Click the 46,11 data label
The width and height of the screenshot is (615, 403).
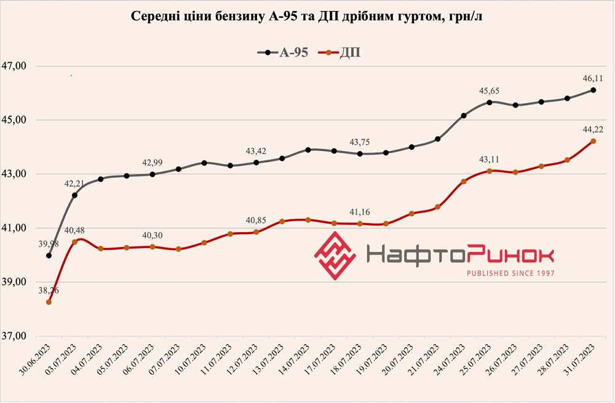tap(593, 79)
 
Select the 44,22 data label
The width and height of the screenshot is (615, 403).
tap(593, 130)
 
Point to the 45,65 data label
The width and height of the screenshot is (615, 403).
tap(489, 91)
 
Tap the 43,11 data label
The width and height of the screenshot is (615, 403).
tap(489, 160)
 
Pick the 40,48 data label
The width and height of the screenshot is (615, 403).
tap(74, 230)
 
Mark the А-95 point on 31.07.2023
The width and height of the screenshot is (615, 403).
tap(593, 90)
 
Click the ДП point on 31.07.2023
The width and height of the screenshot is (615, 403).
tap(593, 141)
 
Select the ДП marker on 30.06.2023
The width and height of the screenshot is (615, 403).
tap(49, 302)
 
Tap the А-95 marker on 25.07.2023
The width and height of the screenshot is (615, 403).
tap(489, 103)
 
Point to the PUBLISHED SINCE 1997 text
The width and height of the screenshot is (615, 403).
tap(510, 273)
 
